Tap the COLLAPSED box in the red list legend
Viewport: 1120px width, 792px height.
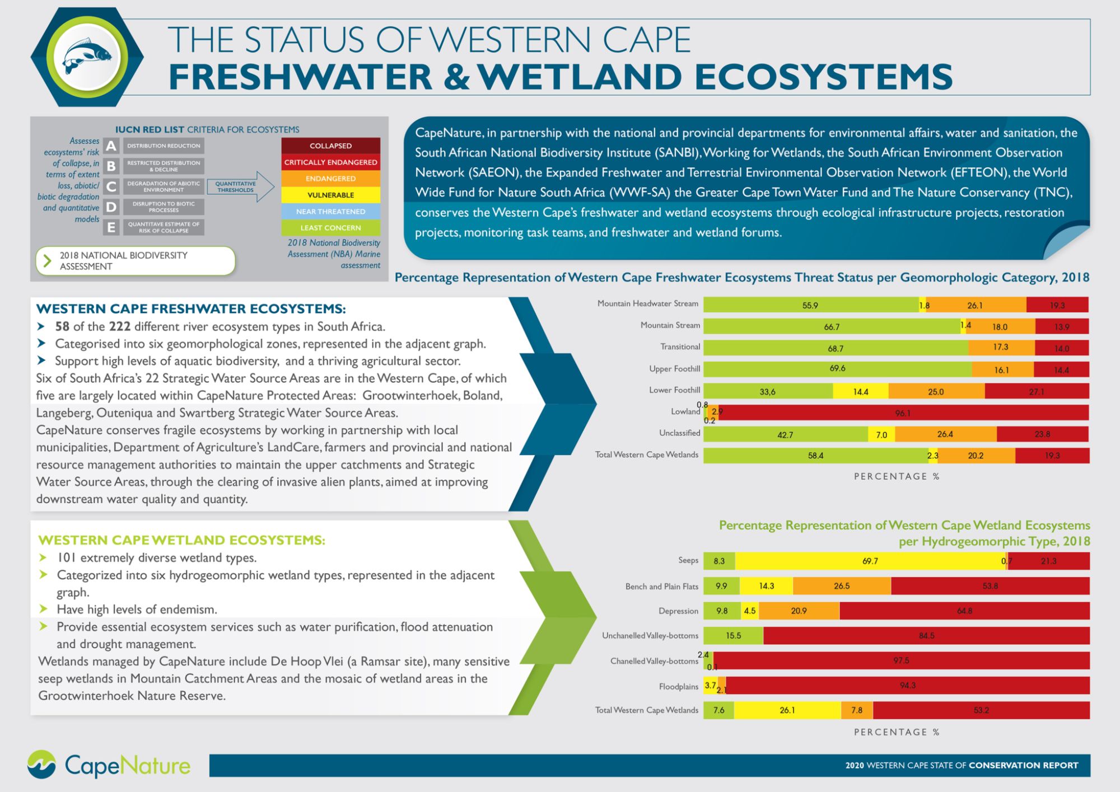click(330, 146)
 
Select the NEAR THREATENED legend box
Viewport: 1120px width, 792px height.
click(330, 212)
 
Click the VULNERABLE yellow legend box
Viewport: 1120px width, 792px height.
click(330, 195)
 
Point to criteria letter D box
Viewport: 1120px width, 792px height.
click(111, 207)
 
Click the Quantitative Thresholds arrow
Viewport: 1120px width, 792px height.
click(240, 187)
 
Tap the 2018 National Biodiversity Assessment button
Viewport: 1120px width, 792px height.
click(136, 261)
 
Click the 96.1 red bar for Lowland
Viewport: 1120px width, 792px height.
click(903, 413)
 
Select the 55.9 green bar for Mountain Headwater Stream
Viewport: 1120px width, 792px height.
click(810, 305)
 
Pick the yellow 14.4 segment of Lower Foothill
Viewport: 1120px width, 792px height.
click(861, 392)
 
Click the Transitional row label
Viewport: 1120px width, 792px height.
click(680, 347)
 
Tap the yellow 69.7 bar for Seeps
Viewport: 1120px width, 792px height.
click(870, 561)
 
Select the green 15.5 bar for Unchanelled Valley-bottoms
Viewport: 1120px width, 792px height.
click(733, 636)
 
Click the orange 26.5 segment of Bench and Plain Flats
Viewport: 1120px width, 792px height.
click(842, 586)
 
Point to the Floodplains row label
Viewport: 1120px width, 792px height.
click(678, 687)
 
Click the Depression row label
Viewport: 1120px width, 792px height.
click(678, 611)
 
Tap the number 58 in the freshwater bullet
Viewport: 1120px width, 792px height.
click(62, 326)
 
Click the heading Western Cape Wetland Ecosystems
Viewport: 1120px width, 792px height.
click(181, 540)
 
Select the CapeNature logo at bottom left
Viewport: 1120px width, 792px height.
click(109, 765)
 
